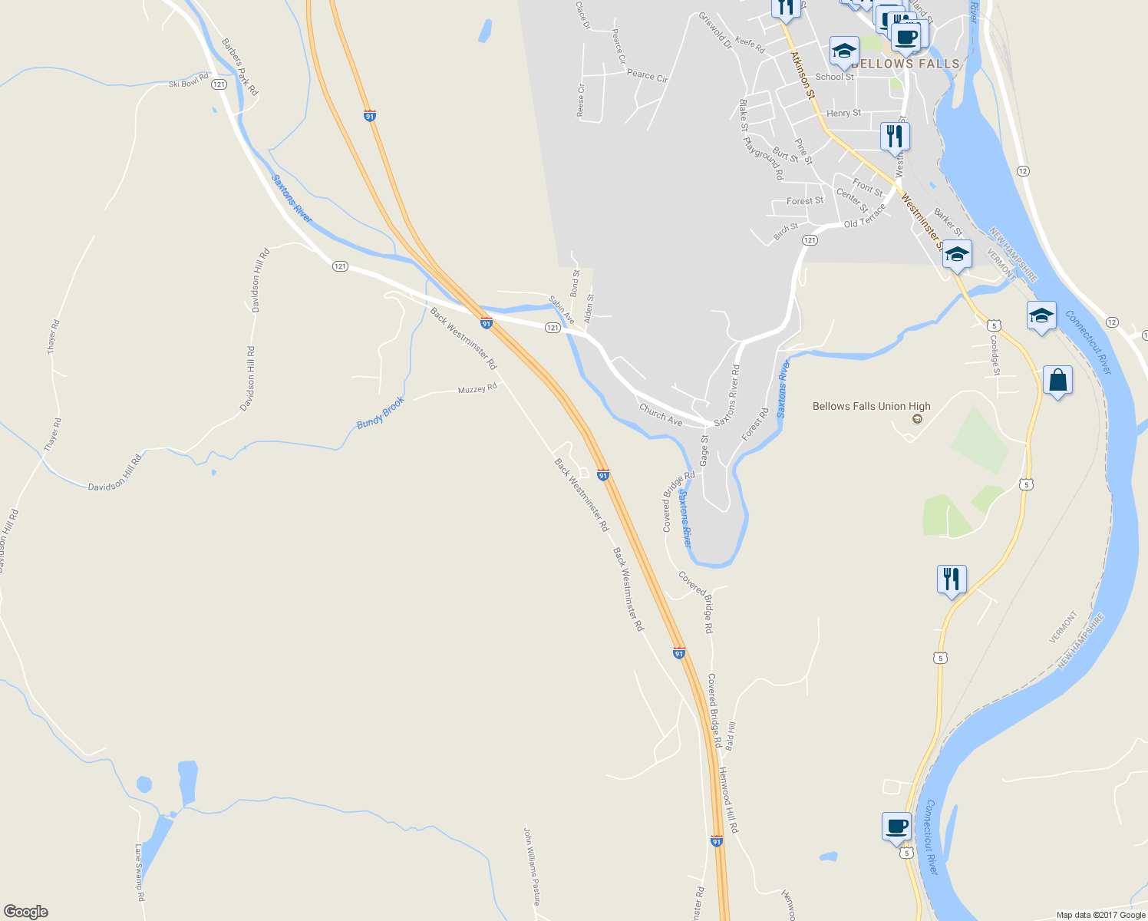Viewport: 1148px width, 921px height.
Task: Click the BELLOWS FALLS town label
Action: point(906,64)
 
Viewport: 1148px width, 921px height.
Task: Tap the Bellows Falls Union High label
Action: point(872,406)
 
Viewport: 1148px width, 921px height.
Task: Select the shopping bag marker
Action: point(1057,381)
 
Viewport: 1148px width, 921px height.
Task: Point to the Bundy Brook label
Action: point(381,413)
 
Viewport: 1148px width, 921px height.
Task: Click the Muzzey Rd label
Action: point(477,389)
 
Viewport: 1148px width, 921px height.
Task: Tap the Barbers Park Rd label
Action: point(239,68)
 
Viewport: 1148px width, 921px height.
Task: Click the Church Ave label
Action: point(661,415)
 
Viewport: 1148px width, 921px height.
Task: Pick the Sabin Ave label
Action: point(562,309)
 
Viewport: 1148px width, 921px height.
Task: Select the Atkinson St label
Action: point(803,74)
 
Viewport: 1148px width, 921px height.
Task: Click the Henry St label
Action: point(843,113)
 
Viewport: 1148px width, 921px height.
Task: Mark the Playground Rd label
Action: point(764,158)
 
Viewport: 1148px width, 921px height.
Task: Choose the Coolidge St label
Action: point(995,355)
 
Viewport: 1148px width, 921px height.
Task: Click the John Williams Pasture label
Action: point(532,865)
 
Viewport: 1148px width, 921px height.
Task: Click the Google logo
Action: point(26,911)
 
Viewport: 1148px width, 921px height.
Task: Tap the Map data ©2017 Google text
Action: point(1100,915)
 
